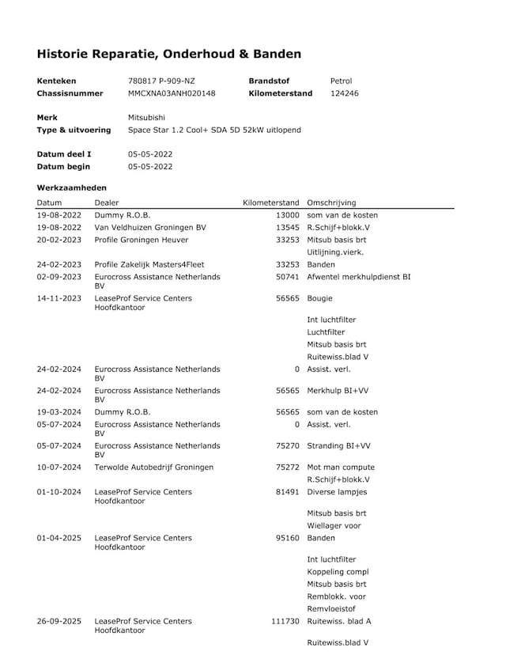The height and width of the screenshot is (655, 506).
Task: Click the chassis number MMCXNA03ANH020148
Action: (172, 93)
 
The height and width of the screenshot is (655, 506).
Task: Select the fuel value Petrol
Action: (341, 81)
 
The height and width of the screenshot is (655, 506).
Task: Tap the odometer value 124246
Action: (344, 93)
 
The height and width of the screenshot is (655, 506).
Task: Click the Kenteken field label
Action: (57, 81)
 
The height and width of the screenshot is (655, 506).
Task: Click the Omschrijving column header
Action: (331, 203)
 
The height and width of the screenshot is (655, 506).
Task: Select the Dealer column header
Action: (107, 203)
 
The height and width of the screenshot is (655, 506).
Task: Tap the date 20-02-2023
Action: (59, 240)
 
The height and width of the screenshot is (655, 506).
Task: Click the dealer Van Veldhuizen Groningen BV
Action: (149, 227)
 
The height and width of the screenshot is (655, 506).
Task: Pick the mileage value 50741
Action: (287, 277)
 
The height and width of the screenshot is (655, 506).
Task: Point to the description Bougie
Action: (320, 298)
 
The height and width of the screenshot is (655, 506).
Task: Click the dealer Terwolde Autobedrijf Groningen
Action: (153, 467)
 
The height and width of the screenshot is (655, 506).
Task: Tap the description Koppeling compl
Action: (338, 571)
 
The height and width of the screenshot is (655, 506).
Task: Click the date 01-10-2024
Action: (59, 492)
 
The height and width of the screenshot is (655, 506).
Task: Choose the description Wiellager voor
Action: (334, 525)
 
